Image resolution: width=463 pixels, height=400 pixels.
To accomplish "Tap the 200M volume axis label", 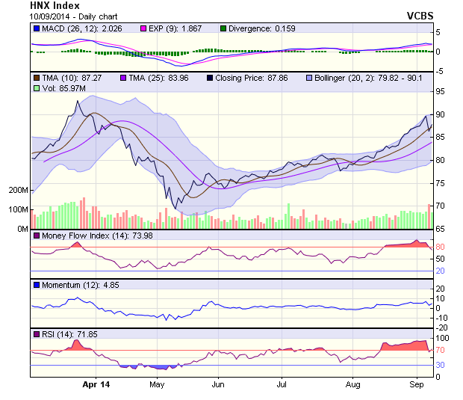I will [18, 191].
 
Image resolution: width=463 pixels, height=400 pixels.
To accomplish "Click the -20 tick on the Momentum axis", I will [441, 327].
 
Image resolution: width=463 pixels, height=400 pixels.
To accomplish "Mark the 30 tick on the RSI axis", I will [441, 365].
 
